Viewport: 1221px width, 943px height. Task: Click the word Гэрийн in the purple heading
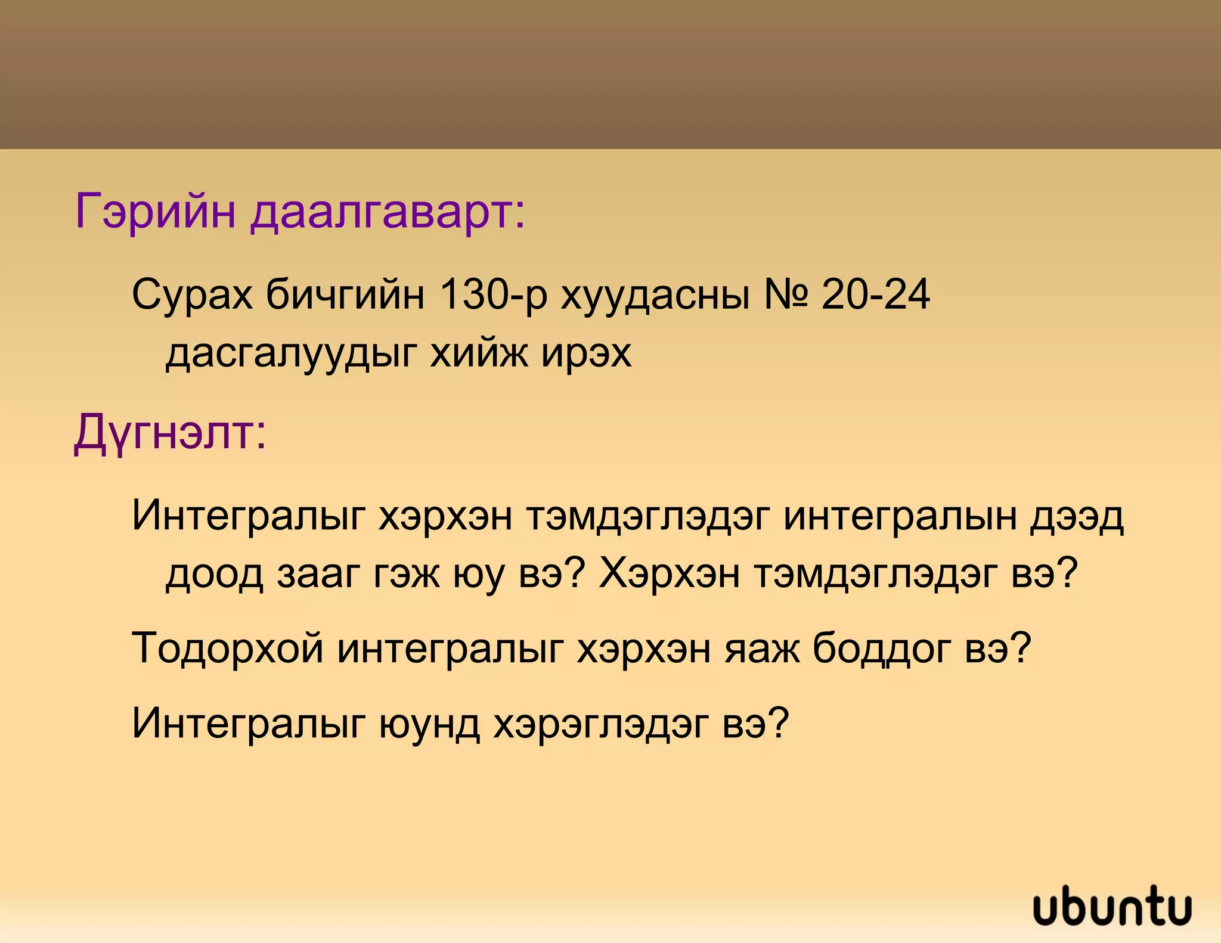(x=155, y=212)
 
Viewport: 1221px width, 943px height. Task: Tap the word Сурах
(x=192, y=294)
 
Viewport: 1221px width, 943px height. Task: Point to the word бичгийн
(x=345, y=294)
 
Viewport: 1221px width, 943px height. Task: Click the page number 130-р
(x=492, y=294)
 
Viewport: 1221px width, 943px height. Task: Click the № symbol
(x=786, y=294)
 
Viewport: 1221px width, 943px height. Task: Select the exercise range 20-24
(x=875, y=294)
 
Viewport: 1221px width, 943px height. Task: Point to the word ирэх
(x=586, y=353)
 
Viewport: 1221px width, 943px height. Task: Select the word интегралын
(x=900, y=516)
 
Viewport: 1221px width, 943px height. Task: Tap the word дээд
(x=1077, y=516)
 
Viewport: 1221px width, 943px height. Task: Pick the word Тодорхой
(x=228, y=649)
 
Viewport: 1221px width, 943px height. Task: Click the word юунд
(x=429, y=724)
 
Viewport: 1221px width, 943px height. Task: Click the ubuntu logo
(x=1112, y=906)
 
